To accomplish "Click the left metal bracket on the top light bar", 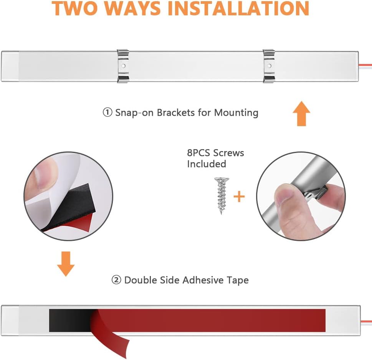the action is point(123,66).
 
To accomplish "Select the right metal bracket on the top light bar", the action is point(269,66).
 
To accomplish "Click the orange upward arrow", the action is point(301,113).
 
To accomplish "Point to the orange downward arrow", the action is point(66,264).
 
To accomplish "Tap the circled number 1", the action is point(107,112).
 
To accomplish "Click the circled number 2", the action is point(116,280).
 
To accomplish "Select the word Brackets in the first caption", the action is point(176,113).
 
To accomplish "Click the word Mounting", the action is point(236,113).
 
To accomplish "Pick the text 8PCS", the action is point(198,153).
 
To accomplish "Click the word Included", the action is point(207,164).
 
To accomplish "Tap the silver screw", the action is point(222,196).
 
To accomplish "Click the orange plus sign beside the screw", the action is point(239,196).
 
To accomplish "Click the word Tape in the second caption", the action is point(238,280).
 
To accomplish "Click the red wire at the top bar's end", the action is point(365,65).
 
